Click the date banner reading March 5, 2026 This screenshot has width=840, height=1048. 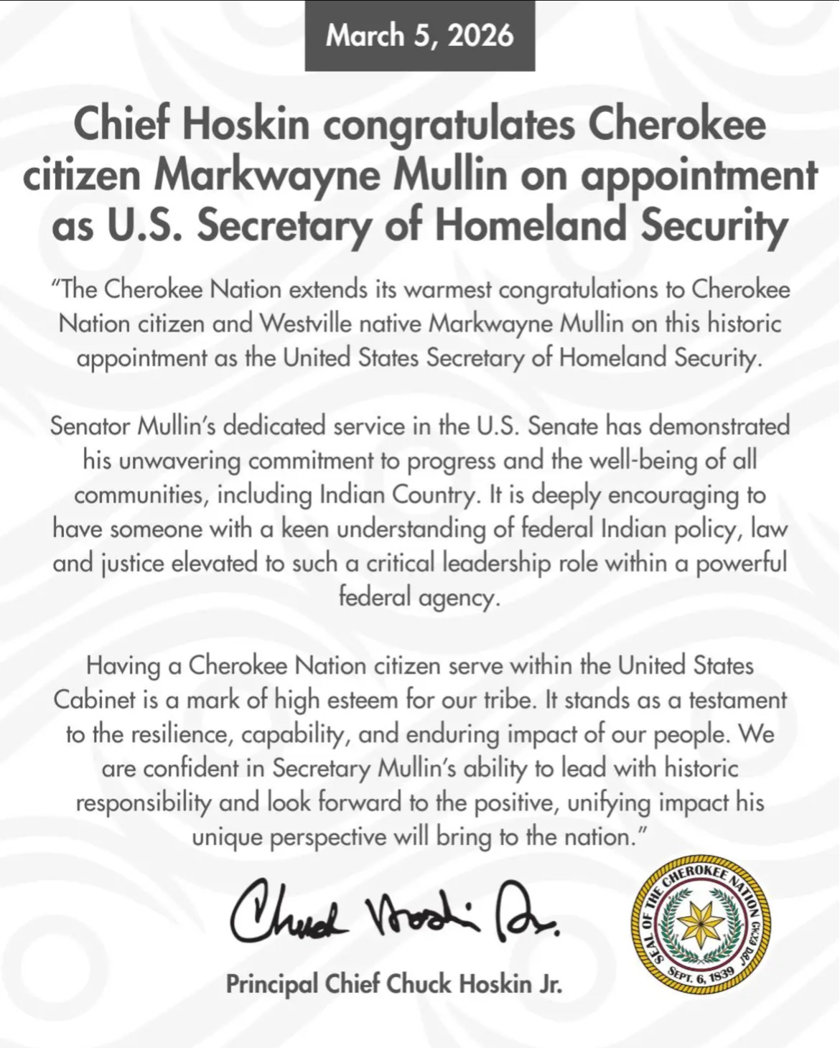coord(420,35)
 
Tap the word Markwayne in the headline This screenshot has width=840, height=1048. coord(266,175)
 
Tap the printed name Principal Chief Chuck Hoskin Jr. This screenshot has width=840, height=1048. coord(394,984)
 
